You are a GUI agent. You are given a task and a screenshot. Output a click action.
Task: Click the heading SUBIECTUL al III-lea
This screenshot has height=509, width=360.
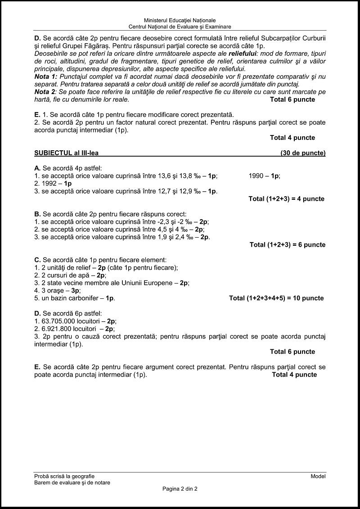click(66, 153)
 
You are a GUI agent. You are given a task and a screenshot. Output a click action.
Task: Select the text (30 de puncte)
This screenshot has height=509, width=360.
click(303, 153)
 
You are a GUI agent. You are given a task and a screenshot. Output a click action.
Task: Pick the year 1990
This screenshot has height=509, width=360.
click(257, 176)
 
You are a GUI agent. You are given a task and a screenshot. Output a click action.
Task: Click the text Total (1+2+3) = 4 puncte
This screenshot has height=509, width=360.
click(286, 198)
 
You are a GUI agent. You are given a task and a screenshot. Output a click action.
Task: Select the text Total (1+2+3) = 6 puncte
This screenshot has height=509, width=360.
click(287, 245)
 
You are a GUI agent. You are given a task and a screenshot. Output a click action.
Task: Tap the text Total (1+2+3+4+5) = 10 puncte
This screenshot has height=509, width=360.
click(276, 298)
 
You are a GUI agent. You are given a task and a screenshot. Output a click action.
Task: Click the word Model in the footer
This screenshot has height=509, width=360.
click(318, 476)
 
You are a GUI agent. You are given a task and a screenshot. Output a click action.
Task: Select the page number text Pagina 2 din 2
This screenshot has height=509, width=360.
click(180, 489)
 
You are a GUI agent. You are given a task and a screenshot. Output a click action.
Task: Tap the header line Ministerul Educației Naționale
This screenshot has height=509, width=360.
click(180, 20)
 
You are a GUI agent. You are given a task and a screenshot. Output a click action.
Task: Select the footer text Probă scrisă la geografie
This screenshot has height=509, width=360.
click(64, 476)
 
